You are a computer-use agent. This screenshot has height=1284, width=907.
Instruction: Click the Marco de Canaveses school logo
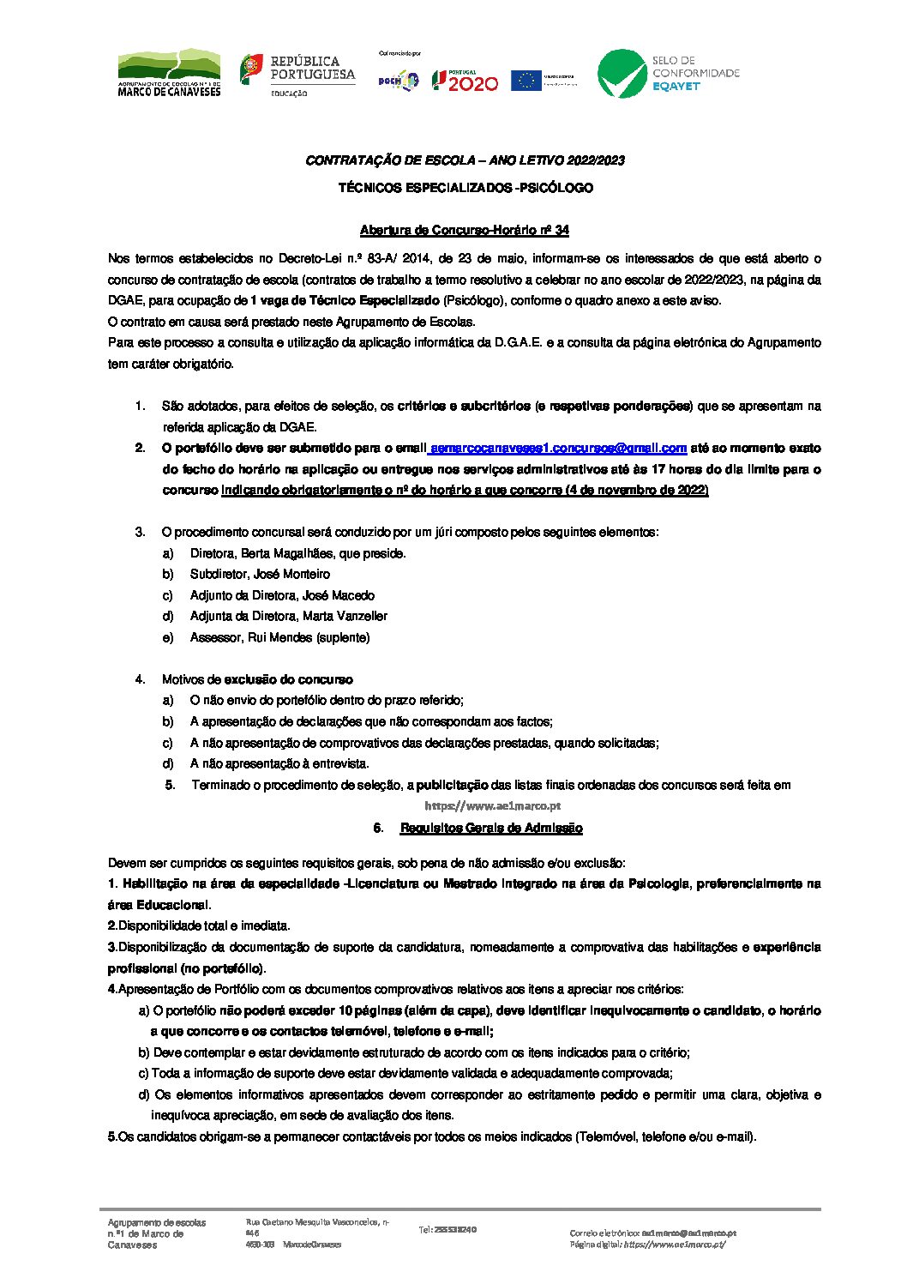tap(169, 73)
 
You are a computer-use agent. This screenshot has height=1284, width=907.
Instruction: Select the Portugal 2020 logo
tap(464, 81)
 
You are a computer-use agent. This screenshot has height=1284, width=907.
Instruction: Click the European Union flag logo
tap(526, 81)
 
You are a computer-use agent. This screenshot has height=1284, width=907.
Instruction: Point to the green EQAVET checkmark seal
tap(622, 74)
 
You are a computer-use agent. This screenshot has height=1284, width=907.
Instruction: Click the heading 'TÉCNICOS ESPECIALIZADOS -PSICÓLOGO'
tap(465, 188)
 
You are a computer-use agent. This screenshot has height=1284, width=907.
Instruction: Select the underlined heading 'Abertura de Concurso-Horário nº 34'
tap(464, 230)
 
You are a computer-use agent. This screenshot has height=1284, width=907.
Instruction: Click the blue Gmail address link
tap(558, 448)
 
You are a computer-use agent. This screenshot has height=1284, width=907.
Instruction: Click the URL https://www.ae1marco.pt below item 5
tap(492, 806)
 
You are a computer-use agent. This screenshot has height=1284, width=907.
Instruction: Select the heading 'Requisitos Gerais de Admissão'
tap(490, 828)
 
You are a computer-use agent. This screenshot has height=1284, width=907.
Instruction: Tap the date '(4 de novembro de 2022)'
tap(637, 490)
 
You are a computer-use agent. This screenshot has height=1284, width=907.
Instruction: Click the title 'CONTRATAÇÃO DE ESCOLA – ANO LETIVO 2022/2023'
tap(465, 160)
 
